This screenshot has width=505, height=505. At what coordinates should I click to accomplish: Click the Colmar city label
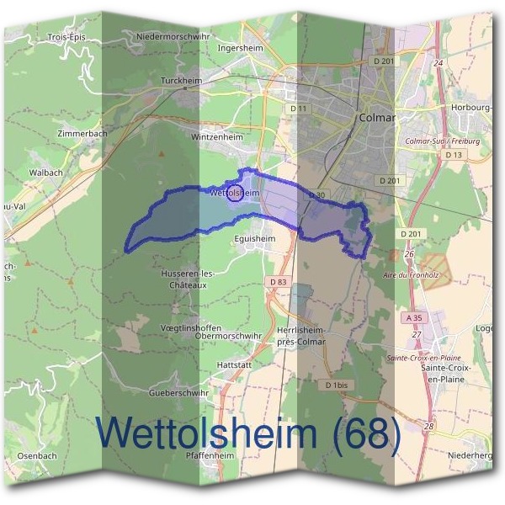point(376,118)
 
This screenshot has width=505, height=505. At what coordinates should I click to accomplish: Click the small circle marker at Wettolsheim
point(235,194)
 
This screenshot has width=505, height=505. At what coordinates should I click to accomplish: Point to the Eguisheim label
point(255,239)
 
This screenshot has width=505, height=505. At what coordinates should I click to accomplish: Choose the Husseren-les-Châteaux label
point(186,279)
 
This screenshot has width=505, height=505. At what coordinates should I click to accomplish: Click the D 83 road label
point(279,282)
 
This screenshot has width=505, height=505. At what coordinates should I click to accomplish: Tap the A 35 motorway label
point(413,319)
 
